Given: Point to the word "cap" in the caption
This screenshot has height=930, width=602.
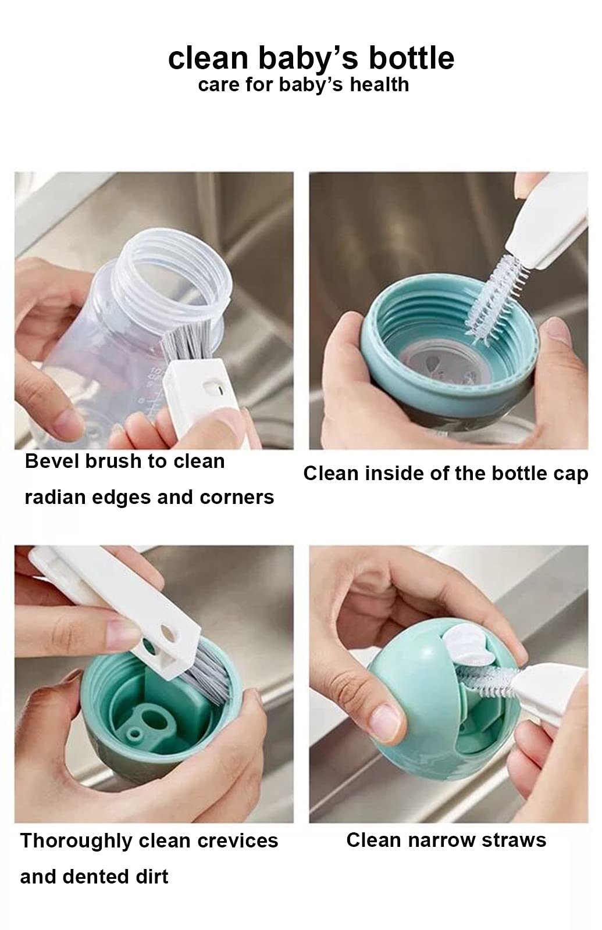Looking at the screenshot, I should click(571, 474).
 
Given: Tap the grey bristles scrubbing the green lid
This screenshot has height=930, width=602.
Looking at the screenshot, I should click(205, 675).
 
